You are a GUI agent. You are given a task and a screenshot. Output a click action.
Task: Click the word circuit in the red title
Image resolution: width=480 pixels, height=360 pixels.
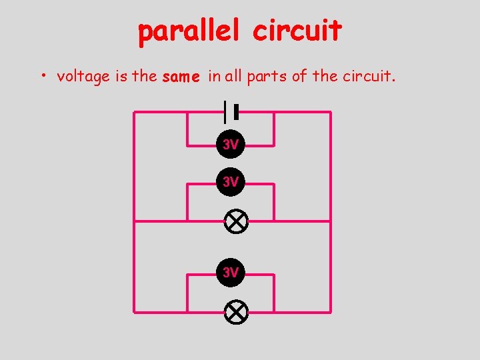coord(297,31)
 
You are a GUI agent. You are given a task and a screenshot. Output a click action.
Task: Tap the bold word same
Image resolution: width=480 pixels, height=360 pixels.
coord(181,77)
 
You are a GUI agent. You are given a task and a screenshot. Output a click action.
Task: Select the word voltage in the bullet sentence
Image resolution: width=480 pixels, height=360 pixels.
coord(83,77)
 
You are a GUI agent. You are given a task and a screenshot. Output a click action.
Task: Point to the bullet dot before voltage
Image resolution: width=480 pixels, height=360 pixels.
coord(42,76)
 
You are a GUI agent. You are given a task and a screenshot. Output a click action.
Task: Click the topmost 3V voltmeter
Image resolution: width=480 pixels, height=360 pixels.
coord(231,145)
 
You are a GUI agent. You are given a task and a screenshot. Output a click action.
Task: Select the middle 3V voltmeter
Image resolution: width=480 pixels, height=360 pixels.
coord(231,182)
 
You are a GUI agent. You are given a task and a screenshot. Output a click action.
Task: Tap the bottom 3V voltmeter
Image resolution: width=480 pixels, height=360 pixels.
coord(231,272)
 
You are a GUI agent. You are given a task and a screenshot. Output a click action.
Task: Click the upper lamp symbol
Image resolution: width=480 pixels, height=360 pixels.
coord(235,221)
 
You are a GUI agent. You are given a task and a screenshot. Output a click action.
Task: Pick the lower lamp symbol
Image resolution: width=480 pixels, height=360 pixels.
coord(235,312)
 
